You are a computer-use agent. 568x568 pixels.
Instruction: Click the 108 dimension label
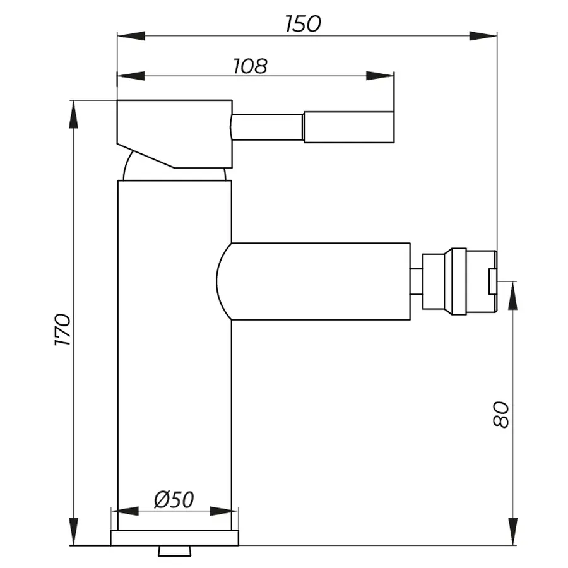click(x=251, y=65)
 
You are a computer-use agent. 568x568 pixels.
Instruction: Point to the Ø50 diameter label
click(x=174, y=499)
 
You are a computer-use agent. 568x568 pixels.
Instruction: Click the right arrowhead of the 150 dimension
click(x=485, y=36)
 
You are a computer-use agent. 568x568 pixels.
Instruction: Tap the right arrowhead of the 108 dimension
click(x=381, y=76)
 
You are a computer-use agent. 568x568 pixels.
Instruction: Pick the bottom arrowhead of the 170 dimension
click(x=74, y=531)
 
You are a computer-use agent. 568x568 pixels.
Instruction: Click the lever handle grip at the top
click(x=348, y=127)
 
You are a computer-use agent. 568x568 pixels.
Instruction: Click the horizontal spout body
click(x=316, y=281)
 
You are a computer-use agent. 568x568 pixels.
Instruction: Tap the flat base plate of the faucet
click(x=175, y=538)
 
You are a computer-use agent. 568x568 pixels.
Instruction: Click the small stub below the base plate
click(x=174, y=551)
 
